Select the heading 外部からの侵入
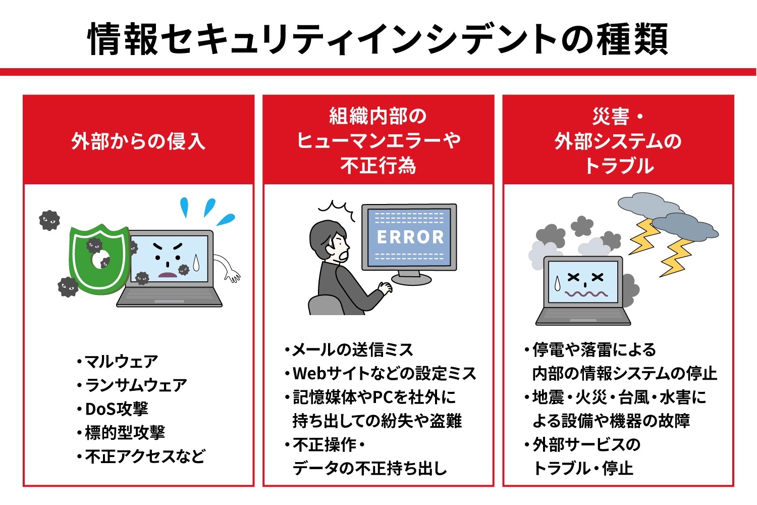click(138, 141)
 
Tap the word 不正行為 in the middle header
click(378, 166)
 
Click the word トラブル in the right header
click(619, 166)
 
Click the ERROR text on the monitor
click(410, 237)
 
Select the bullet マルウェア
click(121, 362)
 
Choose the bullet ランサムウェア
click(136, 385)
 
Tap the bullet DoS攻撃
click(116, 409)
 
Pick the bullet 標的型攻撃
click(125, 433)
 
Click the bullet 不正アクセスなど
click(145, 457)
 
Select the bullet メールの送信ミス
click(352, 349)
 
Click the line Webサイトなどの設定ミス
click(384, 374)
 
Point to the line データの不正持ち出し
click(369, 469)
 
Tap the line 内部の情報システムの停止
click(624, 374)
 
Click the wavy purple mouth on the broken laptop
click(586, 293)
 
